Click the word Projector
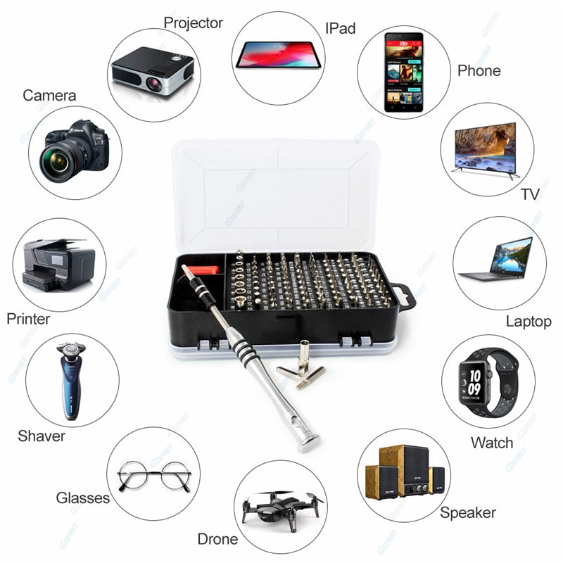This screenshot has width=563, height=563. [193, 23]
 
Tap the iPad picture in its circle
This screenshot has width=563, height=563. [278, 54]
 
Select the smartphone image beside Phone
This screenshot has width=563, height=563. [403, 72]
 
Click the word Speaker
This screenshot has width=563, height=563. [468, 512]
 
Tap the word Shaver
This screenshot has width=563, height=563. [42, 436]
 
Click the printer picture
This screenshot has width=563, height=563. [58, 265]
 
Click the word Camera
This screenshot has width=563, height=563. [49, 95]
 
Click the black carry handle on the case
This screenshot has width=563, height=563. [405, 296]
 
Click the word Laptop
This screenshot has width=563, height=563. [529, 321]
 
